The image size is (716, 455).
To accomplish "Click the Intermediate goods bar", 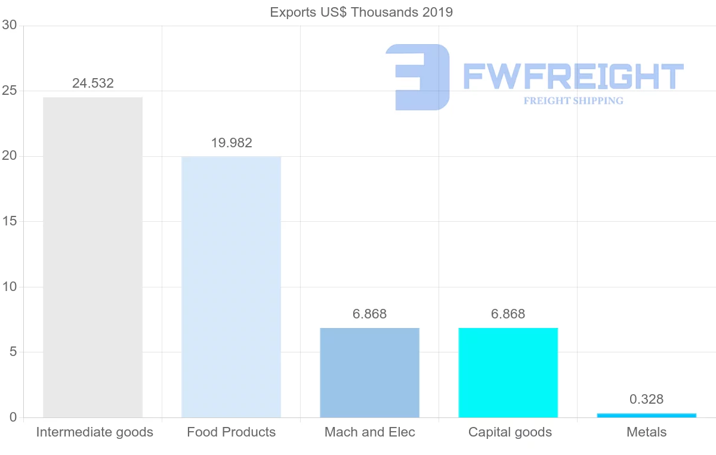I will (92, 257).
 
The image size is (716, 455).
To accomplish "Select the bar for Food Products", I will (231, 287).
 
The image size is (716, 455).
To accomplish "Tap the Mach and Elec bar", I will (369, 373).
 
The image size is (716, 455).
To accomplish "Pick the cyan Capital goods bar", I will (508, 373).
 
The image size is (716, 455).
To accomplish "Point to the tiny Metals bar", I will (646, 415).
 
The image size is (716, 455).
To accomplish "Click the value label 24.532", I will (92, 83).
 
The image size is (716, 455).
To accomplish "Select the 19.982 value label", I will (232, 143).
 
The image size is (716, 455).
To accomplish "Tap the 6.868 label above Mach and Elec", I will (369, 314).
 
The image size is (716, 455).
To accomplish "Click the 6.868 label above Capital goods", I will (508, 314).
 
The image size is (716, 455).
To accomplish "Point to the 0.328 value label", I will (646, 400).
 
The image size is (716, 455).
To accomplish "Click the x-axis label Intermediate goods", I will (94, 432).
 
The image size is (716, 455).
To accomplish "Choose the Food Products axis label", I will (231, 432).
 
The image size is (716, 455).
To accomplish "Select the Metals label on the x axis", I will (646, 432).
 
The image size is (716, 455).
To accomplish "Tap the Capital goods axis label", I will (510, 432).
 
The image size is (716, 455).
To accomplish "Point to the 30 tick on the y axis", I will (10, 25).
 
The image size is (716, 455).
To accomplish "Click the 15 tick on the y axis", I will (10, 221).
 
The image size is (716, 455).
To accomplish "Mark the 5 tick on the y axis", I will (13, 352).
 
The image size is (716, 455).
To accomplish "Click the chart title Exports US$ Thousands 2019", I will (361, 12).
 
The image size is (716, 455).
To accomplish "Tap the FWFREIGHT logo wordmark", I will (573, 76).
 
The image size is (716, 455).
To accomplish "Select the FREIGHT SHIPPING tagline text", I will (573, 101).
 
